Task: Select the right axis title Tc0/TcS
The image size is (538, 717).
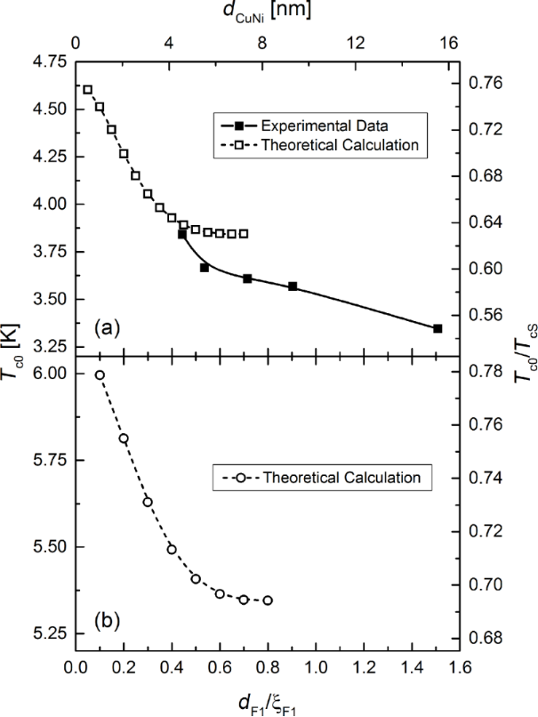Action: coord(526,356)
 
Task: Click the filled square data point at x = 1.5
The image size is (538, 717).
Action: coord(438,328)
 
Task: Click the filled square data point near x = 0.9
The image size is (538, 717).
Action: coord(293,286)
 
